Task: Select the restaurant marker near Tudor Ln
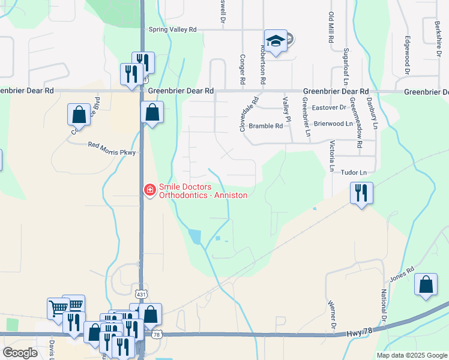click(x=361, y=193)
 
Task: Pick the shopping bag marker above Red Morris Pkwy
click(x=79, y=114)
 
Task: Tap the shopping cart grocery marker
click(x=58, y=308)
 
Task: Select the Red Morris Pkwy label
click(x=113, y=145)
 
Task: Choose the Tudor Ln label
click(x=354, y=173)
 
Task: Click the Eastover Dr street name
click(x=330, y=108)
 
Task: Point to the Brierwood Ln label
click(x=333, y=123)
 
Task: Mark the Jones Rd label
click(x=402, y=275)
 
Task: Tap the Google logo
click(x=20, y=353)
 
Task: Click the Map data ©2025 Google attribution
click(x=411, y=355)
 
